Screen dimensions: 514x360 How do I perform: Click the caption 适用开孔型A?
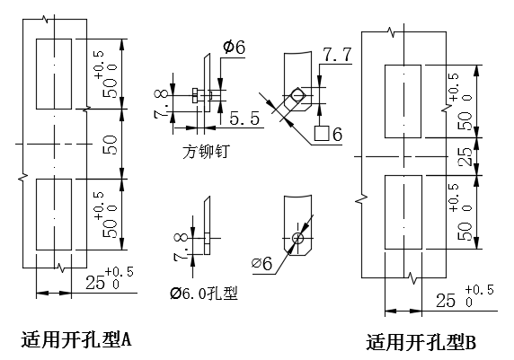[76, 339]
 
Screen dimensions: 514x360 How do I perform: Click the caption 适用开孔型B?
[421, 342]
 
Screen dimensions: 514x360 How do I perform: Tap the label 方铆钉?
[206, 152]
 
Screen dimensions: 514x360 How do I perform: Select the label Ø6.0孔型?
[204, 294]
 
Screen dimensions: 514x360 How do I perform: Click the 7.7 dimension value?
[337, 55]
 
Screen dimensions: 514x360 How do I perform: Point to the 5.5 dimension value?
[244, 119]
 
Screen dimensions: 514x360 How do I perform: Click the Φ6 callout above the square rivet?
[234, 47]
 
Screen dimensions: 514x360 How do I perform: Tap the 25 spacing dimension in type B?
[465, 156]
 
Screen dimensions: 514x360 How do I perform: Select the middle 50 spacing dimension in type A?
[111, 145]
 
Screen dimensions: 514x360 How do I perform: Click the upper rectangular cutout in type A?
[54, 74]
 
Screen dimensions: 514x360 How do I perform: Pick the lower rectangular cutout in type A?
[54, 215]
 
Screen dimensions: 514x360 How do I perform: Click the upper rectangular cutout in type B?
[403, 101]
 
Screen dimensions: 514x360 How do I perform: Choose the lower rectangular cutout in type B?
[403, 212]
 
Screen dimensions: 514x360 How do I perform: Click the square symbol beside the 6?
[322, 134]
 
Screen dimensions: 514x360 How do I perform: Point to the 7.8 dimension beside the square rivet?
[161, 104]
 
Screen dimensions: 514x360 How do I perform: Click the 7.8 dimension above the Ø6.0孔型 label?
[181, 246]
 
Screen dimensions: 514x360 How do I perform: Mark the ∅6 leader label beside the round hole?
[261, 263]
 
